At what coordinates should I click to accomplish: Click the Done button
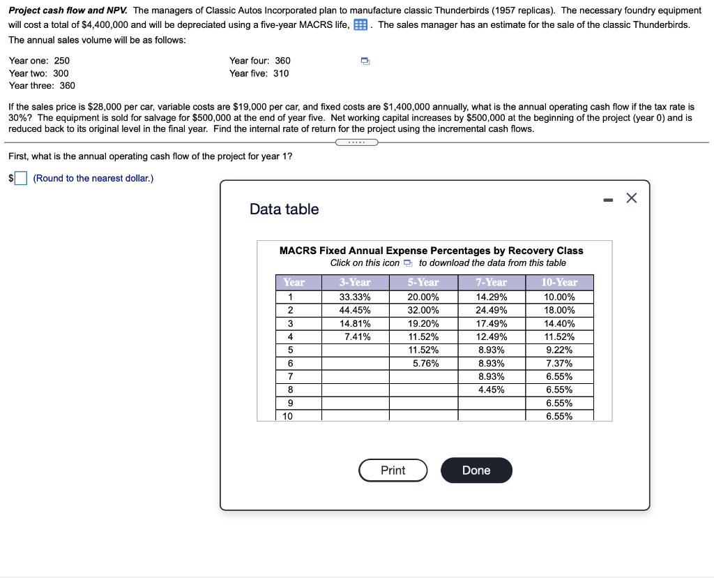pos(476,470)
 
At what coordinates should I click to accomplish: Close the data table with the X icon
pos(631,198)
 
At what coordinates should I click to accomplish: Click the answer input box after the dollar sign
pos(22,179)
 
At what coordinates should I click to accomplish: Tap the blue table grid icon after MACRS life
pos(360,25)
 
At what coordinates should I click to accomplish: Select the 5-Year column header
pos(423,282)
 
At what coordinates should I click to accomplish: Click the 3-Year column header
pos(355,282)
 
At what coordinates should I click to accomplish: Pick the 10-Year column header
pos(559,282)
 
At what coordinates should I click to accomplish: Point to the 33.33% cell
pos(355,297)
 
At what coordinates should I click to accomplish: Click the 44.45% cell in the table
pos(355,310)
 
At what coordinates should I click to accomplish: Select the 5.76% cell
pos(423,363)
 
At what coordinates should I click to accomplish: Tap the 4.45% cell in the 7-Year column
pos(491,390)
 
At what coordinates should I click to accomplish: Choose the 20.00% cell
pos(423,297)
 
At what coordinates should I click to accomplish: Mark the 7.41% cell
pos(355,336)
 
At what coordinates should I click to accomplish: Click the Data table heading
pos(284,209)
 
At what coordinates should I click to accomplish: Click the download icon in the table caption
pos(409,263)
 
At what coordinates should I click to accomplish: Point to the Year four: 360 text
pos(259,61)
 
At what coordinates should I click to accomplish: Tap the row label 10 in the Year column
pos(289,416)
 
